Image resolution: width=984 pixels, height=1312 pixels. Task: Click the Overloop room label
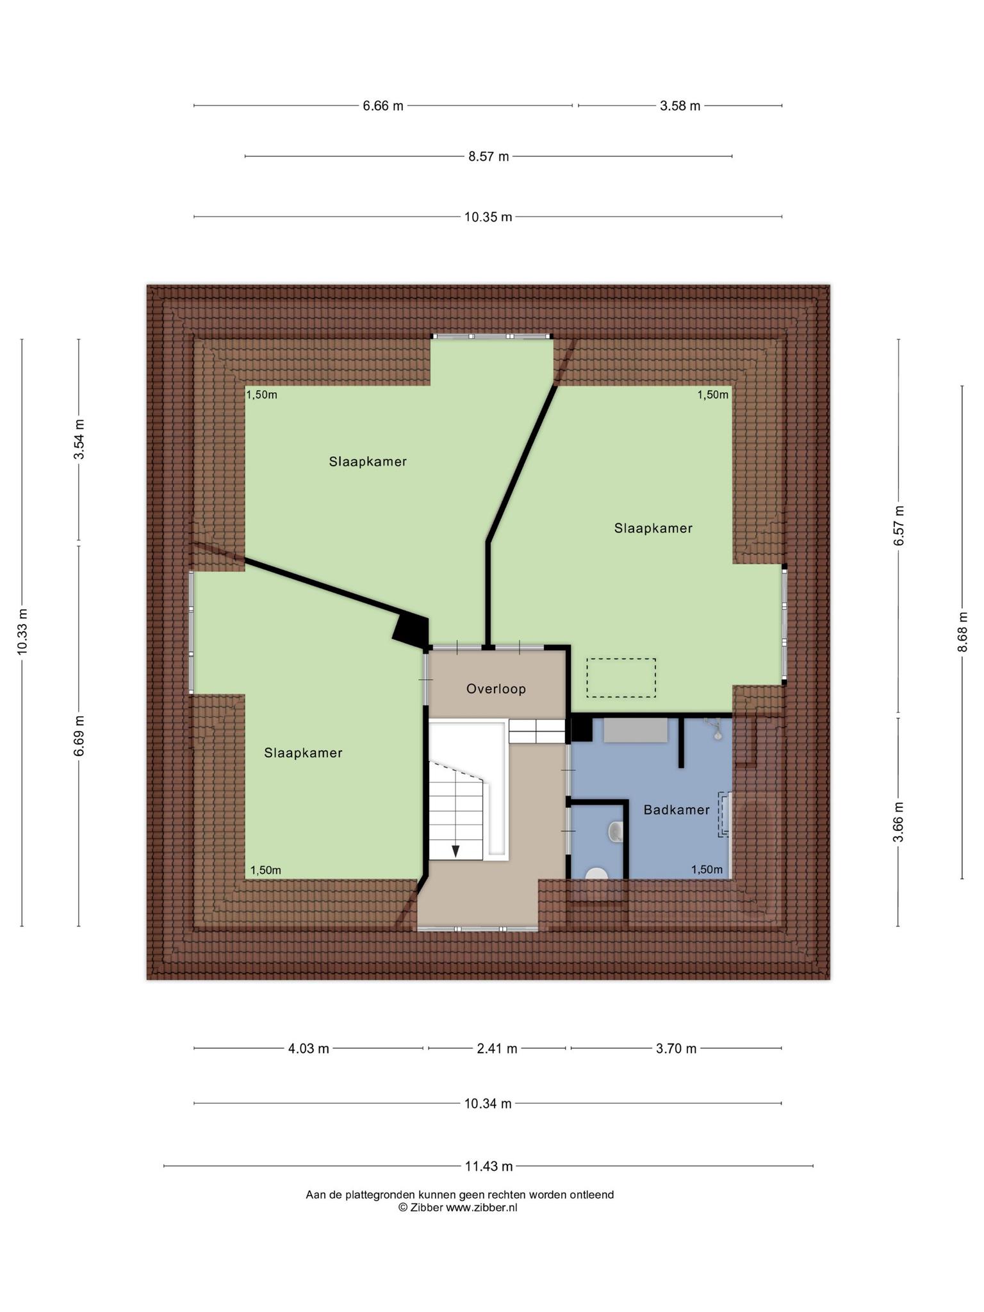pos(496,689)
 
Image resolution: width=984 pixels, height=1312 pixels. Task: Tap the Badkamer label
pos(676,810)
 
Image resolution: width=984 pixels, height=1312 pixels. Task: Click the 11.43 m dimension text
pos(489,1166)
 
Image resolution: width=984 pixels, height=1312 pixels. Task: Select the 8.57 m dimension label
pos(489,156)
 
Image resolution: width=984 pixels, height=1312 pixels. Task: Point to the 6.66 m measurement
pos(383,106)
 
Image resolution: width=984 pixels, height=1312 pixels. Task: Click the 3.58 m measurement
pos(680,106)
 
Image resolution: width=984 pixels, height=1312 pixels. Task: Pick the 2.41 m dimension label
pos(496,1049)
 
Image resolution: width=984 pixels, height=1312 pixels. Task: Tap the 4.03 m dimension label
pos(308,1049)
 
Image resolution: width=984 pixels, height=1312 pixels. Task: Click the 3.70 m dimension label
pos(676,1049)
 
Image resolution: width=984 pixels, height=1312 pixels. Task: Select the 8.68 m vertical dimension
pos(962,632)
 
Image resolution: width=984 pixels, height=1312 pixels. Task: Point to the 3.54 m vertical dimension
pos(79,439)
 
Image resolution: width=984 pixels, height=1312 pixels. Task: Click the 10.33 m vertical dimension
pos(22,632)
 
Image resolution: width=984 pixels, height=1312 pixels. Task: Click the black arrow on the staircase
pos(455,851)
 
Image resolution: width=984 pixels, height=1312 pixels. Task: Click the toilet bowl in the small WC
pos(597,874)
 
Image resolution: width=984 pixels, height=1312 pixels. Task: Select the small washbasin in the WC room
pos(615,831)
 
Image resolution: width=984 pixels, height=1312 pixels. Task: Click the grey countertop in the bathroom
pos(635,730)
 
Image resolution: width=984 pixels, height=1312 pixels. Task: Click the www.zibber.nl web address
pos(481,1208)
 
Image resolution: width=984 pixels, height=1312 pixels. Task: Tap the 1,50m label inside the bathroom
pos(707,869)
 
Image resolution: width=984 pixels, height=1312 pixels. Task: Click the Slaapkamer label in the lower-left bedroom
pos(303,753)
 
